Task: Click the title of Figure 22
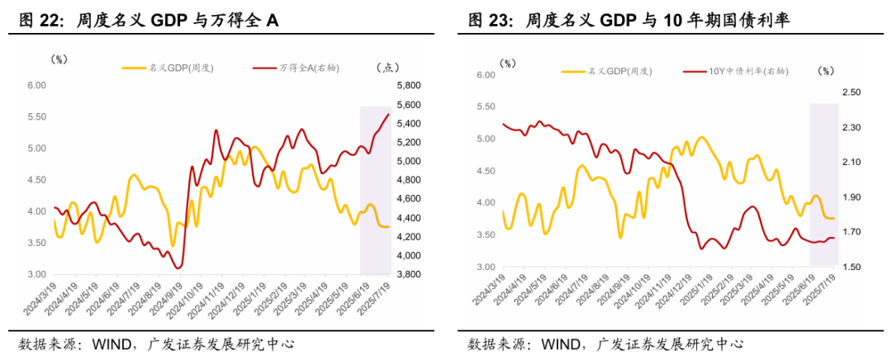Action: pyautogui.click(x=149, y=21)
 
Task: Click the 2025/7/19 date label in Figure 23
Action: pyautogui.click(x=821, y=295)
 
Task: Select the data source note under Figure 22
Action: pyautogui.click(x=157, y=343)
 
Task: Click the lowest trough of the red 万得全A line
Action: pyautogui.click(x=178, y=268)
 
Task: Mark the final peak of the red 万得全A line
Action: pyautogui.click(x=389, y=114)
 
